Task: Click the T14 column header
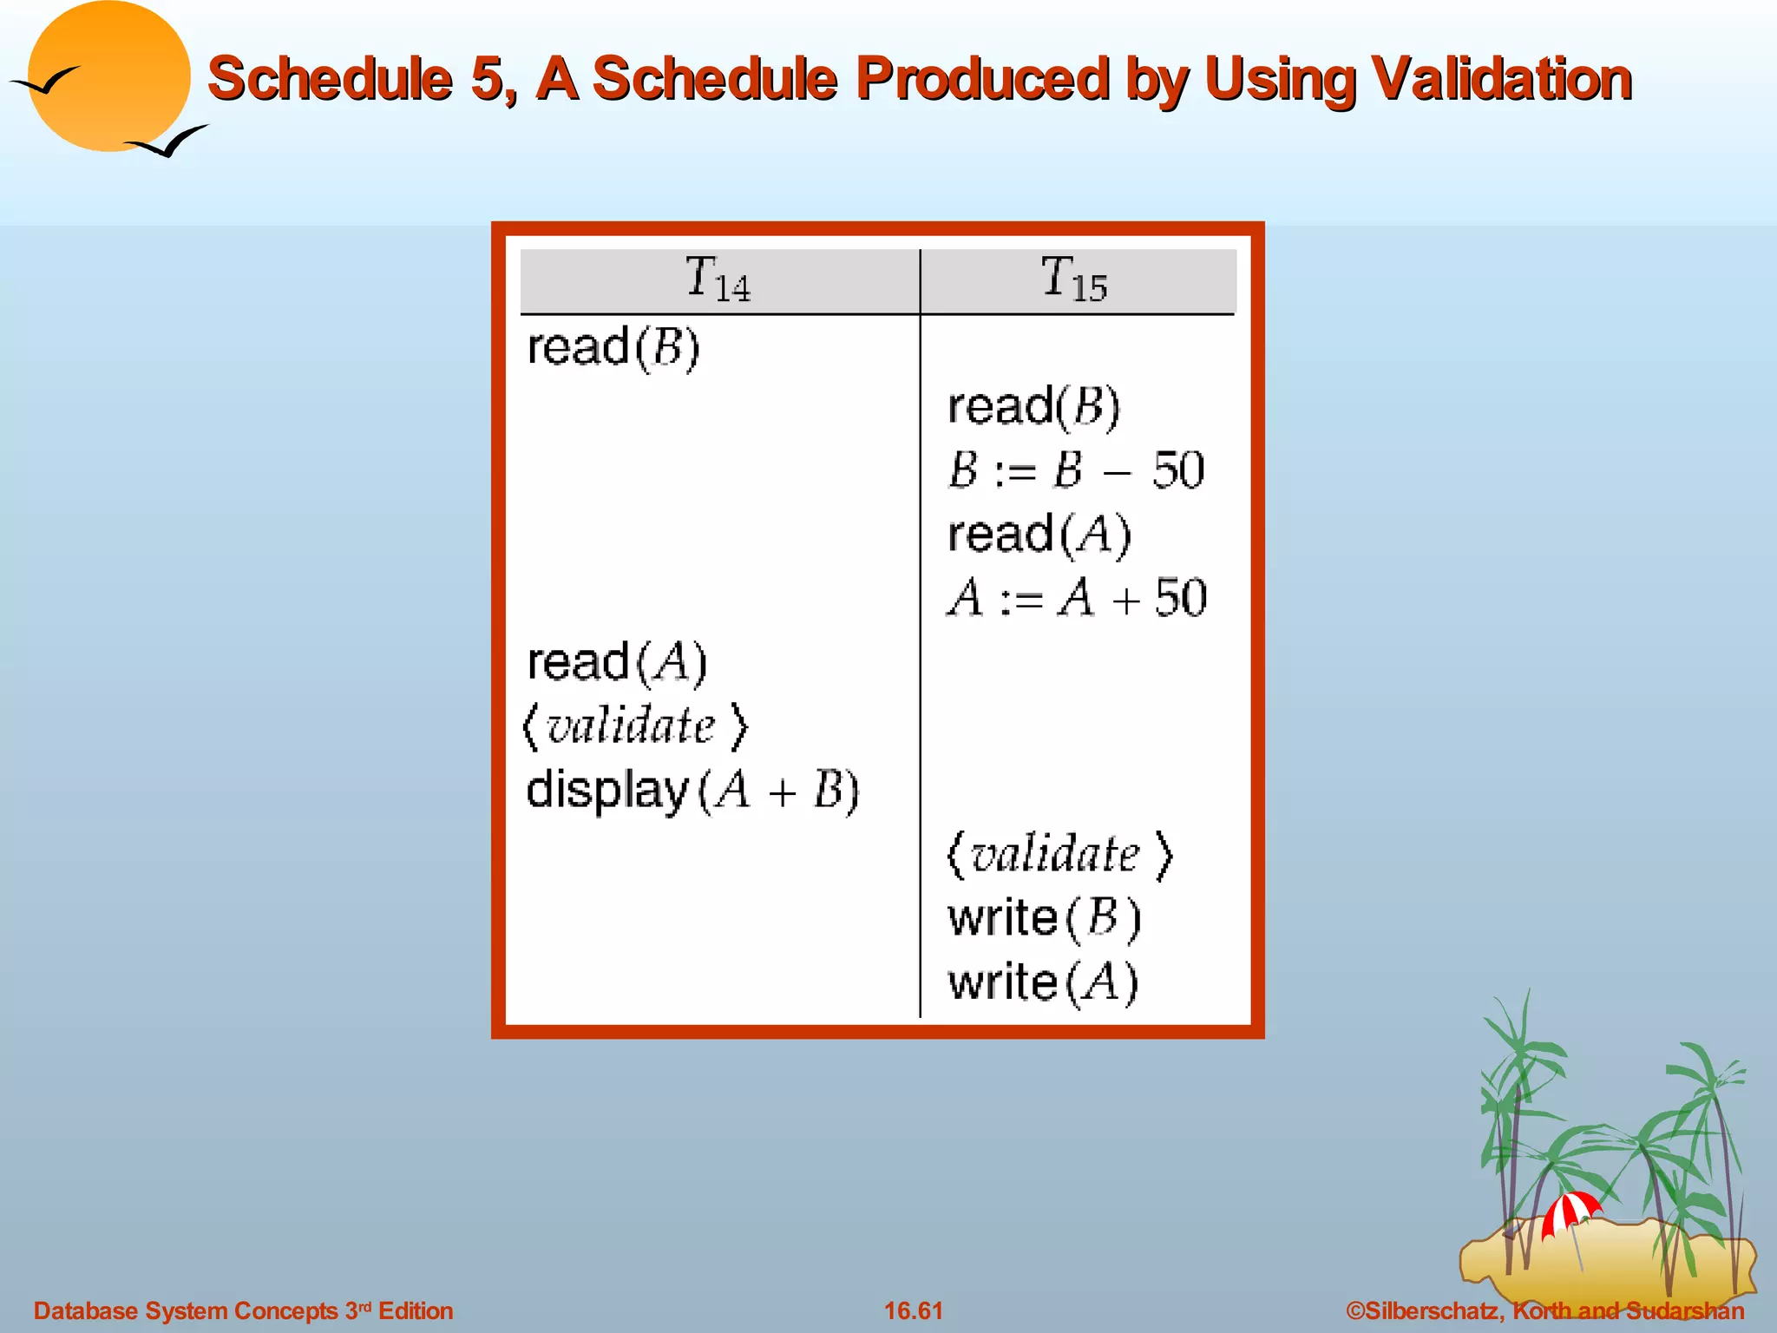click(x=718, y=279)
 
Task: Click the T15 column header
click(x=1074, y=279)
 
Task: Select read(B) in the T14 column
click(x=613, y=348)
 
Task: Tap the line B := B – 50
click(x=1076, y=470)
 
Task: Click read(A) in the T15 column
click(x=1039, y=534)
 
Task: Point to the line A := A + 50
click(x=1077, y=598)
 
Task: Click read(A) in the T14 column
click(x=617, y=663)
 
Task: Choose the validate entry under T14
click(x=634, y=726)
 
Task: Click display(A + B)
click(x=692, y=791)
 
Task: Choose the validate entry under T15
click(x=1059, y=854)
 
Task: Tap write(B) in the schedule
click(x=1044, y=918)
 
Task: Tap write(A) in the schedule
click(x=1043, y=982)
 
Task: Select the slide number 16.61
click(x=913, y=1310)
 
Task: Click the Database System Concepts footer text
click(x=243, y=1310)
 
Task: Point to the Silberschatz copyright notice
click(x=1544, y=1310)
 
